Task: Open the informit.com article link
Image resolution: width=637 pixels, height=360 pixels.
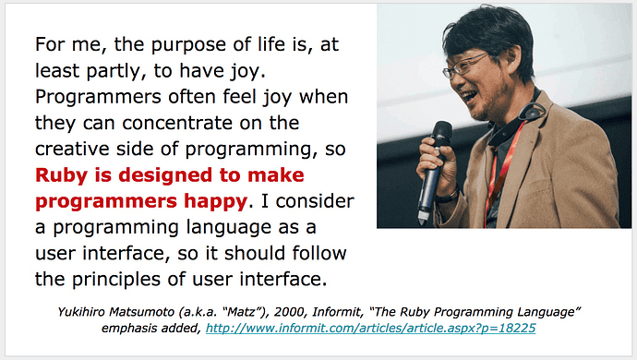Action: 371,327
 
